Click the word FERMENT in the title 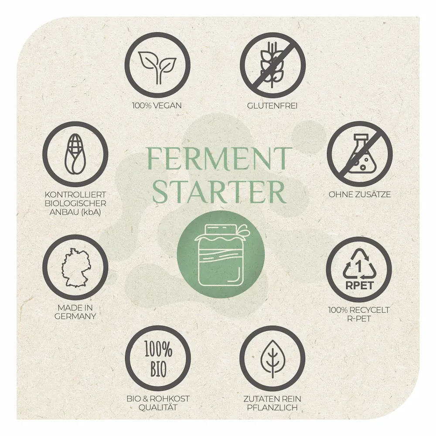click(220, 159)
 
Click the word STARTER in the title click(219, 192)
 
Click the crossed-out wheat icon click(273, 65)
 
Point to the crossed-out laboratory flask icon click(360, 154)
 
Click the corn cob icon click(75, 154)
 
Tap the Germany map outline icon click(75, 268)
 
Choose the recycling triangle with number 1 click(359, 264)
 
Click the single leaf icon click(272, 359)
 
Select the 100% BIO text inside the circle click(158, 359)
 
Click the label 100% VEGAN click(157, 106)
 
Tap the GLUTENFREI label click(272, 106)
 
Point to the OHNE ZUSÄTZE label click(360, 194)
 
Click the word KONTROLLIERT click(75, 194)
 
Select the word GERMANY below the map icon click(75, 316)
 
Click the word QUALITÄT click(158, 407)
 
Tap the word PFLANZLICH click(272, 408)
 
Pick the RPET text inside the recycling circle click(359, 285)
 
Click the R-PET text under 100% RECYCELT click(359, 318)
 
